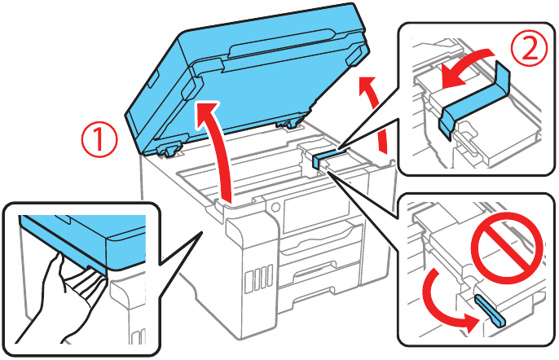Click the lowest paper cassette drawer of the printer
326,281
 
